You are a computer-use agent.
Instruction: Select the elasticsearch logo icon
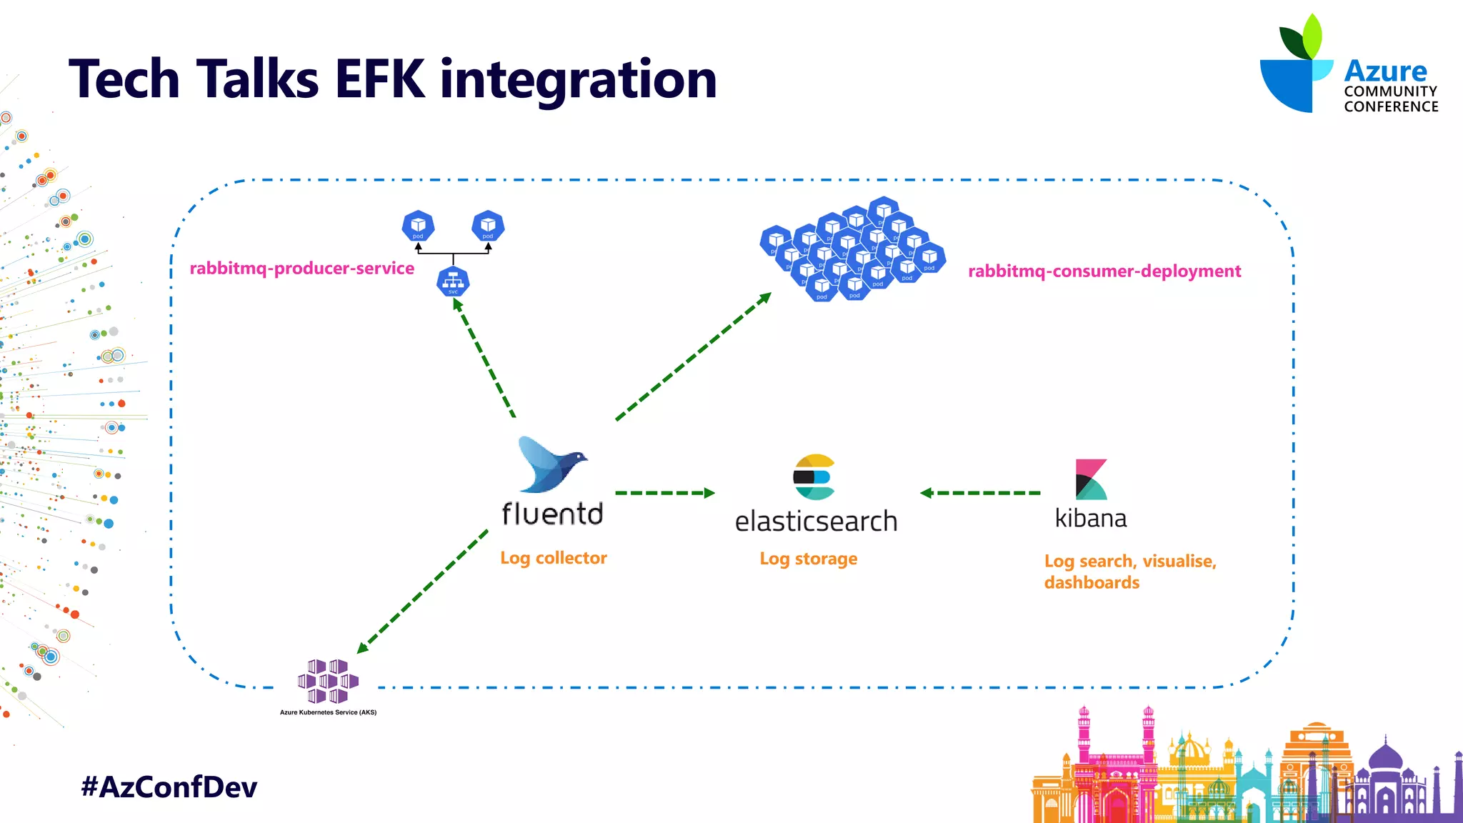point(814,477)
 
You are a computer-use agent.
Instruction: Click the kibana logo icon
point(1091,479)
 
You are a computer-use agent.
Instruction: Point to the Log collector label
point(554,558)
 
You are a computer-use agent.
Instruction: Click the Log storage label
point(808,559)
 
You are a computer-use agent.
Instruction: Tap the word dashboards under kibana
point(1092,582)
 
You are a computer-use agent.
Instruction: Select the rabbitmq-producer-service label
point(301,269)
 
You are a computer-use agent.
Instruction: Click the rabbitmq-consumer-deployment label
point(1104,271)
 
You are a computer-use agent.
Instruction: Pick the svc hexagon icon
point(453,282)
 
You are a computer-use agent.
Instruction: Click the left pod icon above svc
point(418,226)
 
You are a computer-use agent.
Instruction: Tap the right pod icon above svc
point(488,226)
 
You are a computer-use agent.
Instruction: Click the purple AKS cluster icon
point(328,681)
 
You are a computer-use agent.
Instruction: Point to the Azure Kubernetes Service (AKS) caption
point(328,712)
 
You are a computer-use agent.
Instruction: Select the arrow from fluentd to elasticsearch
point(664,493)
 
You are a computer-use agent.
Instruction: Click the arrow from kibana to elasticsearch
point(980,493)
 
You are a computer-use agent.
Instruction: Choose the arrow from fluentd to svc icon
point(484,357)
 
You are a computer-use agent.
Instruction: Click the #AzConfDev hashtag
point(169,787)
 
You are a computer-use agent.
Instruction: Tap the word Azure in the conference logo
point(1385,71)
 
